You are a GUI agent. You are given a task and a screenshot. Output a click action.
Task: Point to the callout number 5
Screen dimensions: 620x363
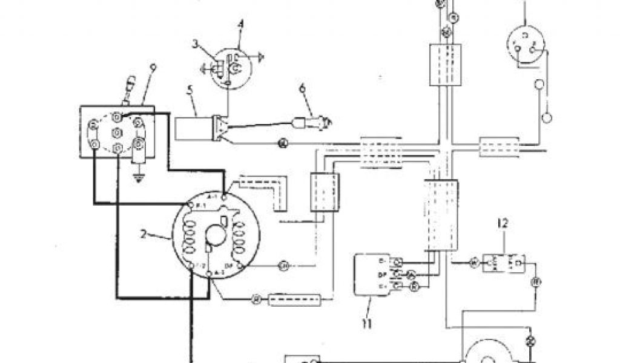pos(189,92)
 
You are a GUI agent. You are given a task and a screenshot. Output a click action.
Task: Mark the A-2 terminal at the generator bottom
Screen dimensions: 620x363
pos(209,275)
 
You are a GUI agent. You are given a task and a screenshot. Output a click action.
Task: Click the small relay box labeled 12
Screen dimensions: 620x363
pos(502,263)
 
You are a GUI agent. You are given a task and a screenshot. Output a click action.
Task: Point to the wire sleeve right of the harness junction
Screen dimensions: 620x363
pos(499,147)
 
